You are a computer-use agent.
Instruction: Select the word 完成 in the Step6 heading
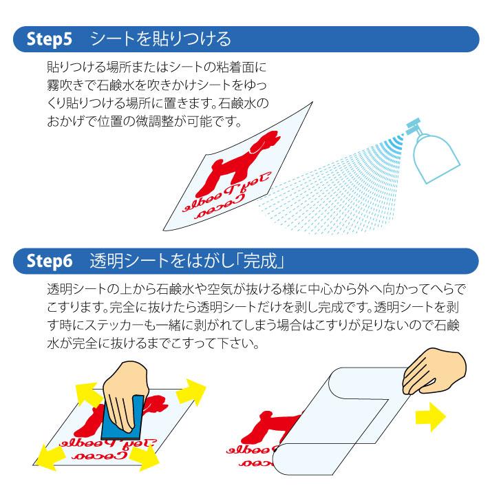[x=264, y=262]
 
